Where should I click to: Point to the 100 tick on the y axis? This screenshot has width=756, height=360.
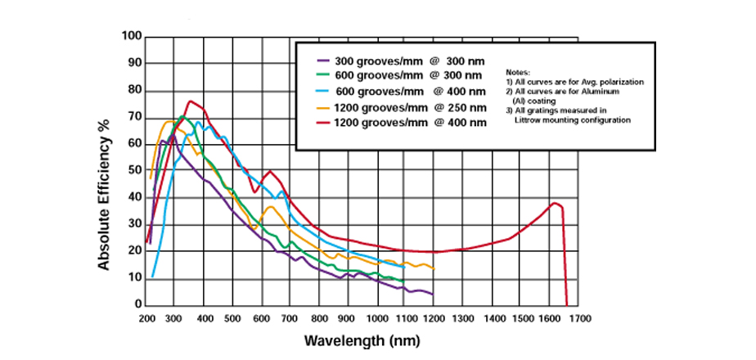pos(132,37)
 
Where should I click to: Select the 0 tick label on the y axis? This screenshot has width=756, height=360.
pos(137,304)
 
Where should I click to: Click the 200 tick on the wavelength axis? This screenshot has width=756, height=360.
pos(146,318)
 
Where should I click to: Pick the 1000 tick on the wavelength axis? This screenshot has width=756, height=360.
pos(376,318)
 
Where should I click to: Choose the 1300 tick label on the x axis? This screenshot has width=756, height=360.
pos(463,318)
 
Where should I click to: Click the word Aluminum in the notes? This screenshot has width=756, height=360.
pos(594,92)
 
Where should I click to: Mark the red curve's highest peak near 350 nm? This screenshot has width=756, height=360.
pos(191,101)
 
